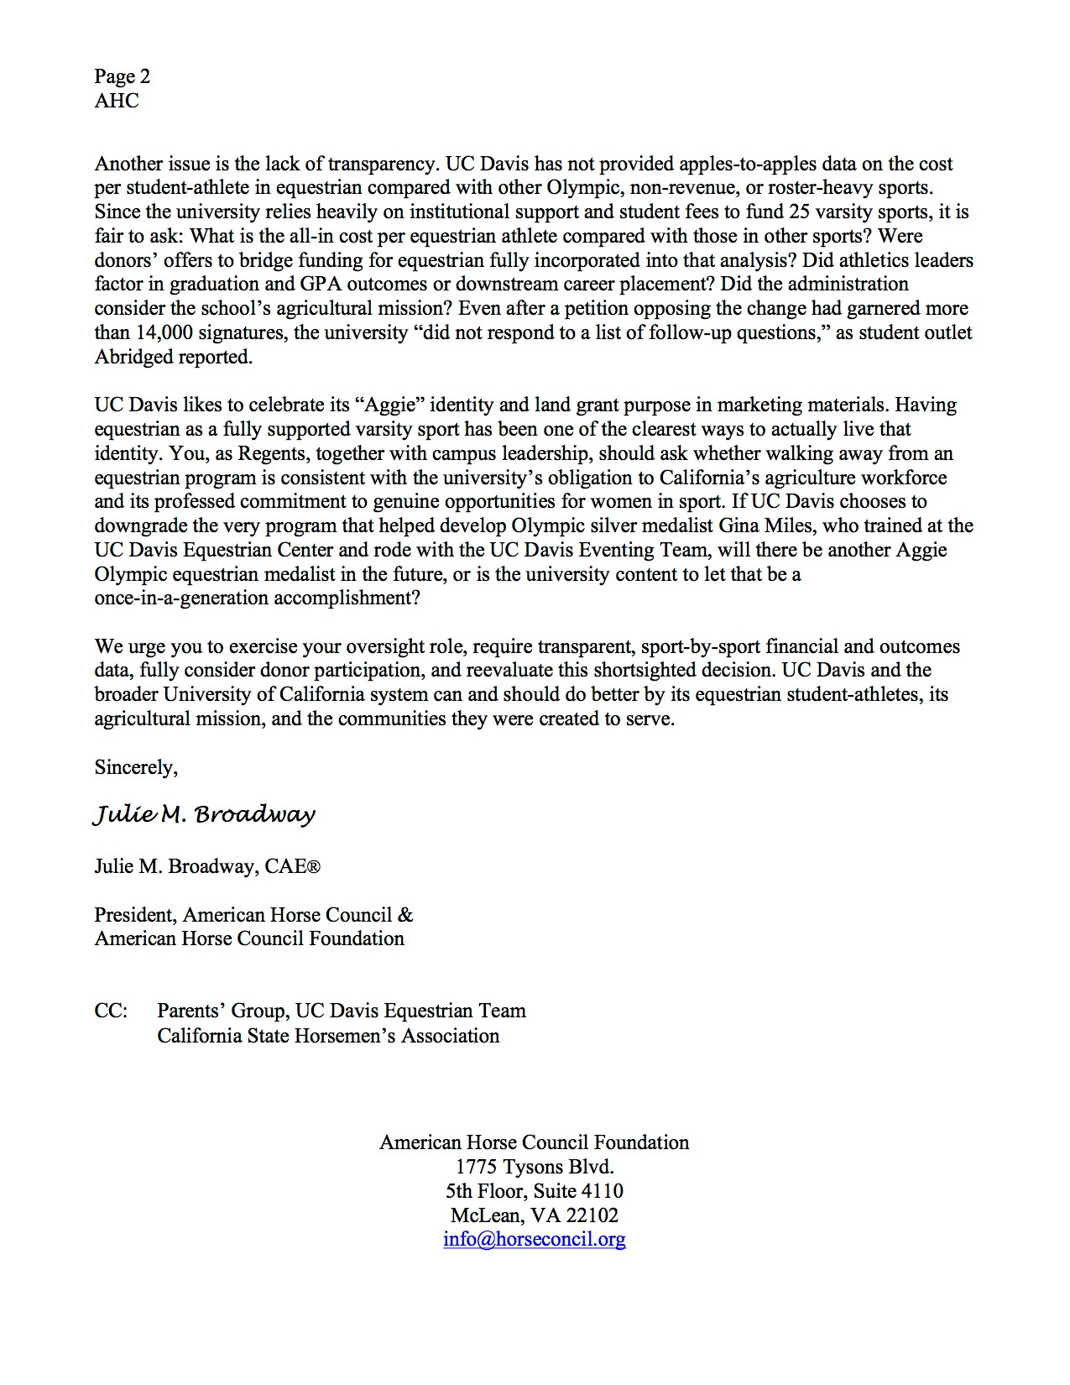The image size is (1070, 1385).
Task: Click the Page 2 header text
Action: (123, 76)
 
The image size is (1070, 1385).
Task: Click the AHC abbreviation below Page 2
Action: (117, 101)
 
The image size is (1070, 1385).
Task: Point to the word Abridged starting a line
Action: (133, 357)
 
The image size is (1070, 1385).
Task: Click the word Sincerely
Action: (136, 767)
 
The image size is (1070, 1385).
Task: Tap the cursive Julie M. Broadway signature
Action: (204, 815)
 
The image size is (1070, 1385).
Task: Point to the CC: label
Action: (111, 1011)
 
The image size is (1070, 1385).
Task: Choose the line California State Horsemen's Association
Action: (328, 1036)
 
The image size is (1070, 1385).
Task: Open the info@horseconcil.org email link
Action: (534, 1239)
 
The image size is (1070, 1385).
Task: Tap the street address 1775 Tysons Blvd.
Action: (534, 1167)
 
